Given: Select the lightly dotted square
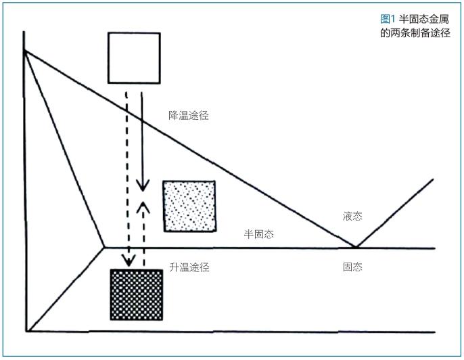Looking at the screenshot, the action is [189, 206].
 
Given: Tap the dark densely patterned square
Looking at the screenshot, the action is [137, 295].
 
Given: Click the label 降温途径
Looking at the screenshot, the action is [189, 116].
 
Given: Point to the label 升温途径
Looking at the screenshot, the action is [189, 267].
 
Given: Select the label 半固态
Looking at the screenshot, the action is [259, 234].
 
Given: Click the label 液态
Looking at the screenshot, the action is [352, 216].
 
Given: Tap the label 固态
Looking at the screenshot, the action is [352, 267].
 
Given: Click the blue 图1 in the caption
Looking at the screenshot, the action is [388, 19].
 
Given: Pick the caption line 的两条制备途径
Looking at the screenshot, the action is [415, 32].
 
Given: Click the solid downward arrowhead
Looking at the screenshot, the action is [143, 186].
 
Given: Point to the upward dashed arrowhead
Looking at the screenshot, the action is [143, 207].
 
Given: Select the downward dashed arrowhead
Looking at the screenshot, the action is [129, 261].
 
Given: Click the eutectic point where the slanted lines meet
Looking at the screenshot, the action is [356, 246].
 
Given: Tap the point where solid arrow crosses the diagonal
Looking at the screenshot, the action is [142, 120].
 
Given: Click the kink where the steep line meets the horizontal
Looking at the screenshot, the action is [104, 247].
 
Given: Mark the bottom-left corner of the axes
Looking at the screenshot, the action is [26, 332].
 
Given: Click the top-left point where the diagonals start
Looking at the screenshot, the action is [24, 51].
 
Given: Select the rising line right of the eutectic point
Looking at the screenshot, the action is [395, 213].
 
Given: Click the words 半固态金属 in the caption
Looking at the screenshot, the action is [423, 19].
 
